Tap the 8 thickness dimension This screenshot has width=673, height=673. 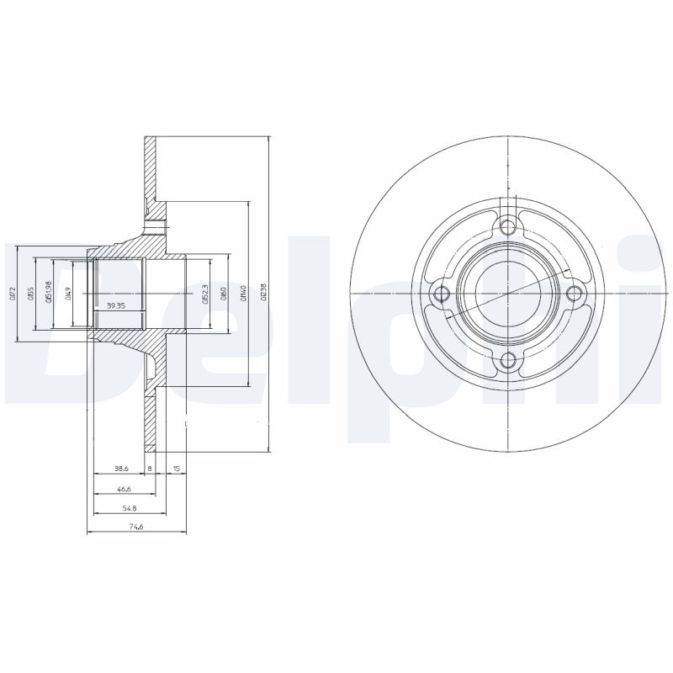coord(150,468)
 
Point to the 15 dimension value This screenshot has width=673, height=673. coord(176,468)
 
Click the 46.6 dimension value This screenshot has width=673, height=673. coord(123,488)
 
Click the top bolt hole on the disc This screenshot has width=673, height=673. coord(507,225)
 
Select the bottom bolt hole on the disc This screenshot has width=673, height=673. coord(507,361)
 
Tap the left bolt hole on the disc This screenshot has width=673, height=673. coord(440,294)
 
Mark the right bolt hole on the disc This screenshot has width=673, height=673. coord(575,294)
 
